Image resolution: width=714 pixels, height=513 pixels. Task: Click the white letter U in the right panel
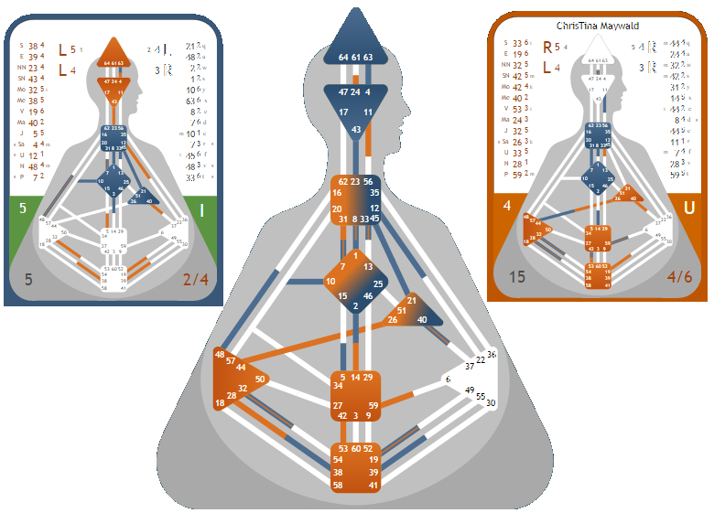click(x=688, y=208)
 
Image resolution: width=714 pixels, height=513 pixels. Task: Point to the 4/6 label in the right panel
click(x=678, y=276)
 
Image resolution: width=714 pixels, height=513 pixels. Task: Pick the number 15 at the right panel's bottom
click(x=517, y=276)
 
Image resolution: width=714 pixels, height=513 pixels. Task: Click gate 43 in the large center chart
click(x=355, y=131)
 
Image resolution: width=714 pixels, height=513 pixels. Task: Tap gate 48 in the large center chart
click(x=221, y=354)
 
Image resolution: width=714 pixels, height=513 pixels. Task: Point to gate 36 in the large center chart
click(x=492, y=354)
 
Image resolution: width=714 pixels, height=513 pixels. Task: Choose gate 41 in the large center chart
click(x=373, y=485)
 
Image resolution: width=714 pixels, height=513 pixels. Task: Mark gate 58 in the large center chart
click(x=339, y=485)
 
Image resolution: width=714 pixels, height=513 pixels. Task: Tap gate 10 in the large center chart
click(x=330, y=280)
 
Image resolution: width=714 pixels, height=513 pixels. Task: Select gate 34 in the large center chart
click(x=338, y=386)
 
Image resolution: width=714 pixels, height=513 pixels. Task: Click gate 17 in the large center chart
click(x=343, y=112)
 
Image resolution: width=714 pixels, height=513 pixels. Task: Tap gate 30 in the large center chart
click(x=491, y=402)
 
